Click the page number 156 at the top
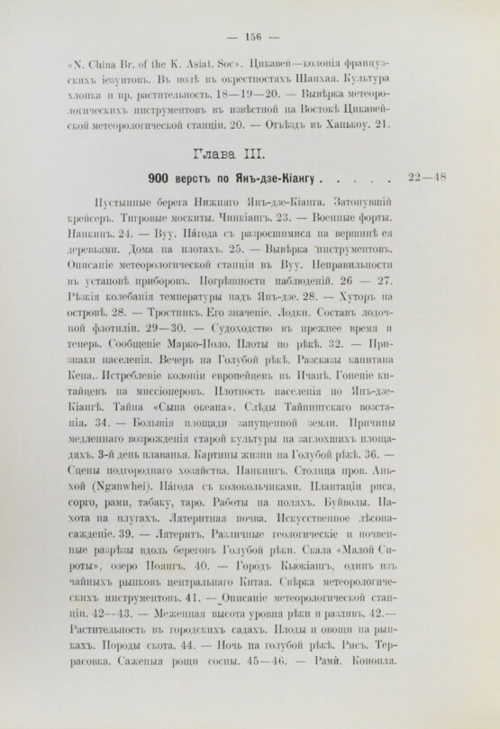249,37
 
